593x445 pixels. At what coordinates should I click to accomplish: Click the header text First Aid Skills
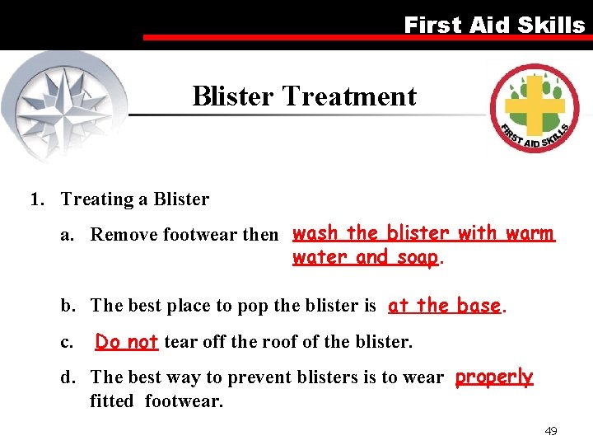493,25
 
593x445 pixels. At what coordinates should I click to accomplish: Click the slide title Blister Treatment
304,96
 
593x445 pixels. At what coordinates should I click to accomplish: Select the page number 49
551,431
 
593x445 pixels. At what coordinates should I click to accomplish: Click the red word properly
493,377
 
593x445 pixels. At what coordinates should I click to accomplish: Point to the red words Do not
126,341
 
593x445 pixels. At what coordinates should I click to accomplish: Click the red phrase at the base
445,306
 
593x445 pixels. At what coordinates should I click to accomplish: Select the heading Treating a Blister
135,199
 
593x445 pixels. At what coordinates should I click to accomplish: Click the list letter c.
65,341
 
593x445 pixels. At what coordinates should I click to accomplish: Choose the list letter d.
66,377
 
